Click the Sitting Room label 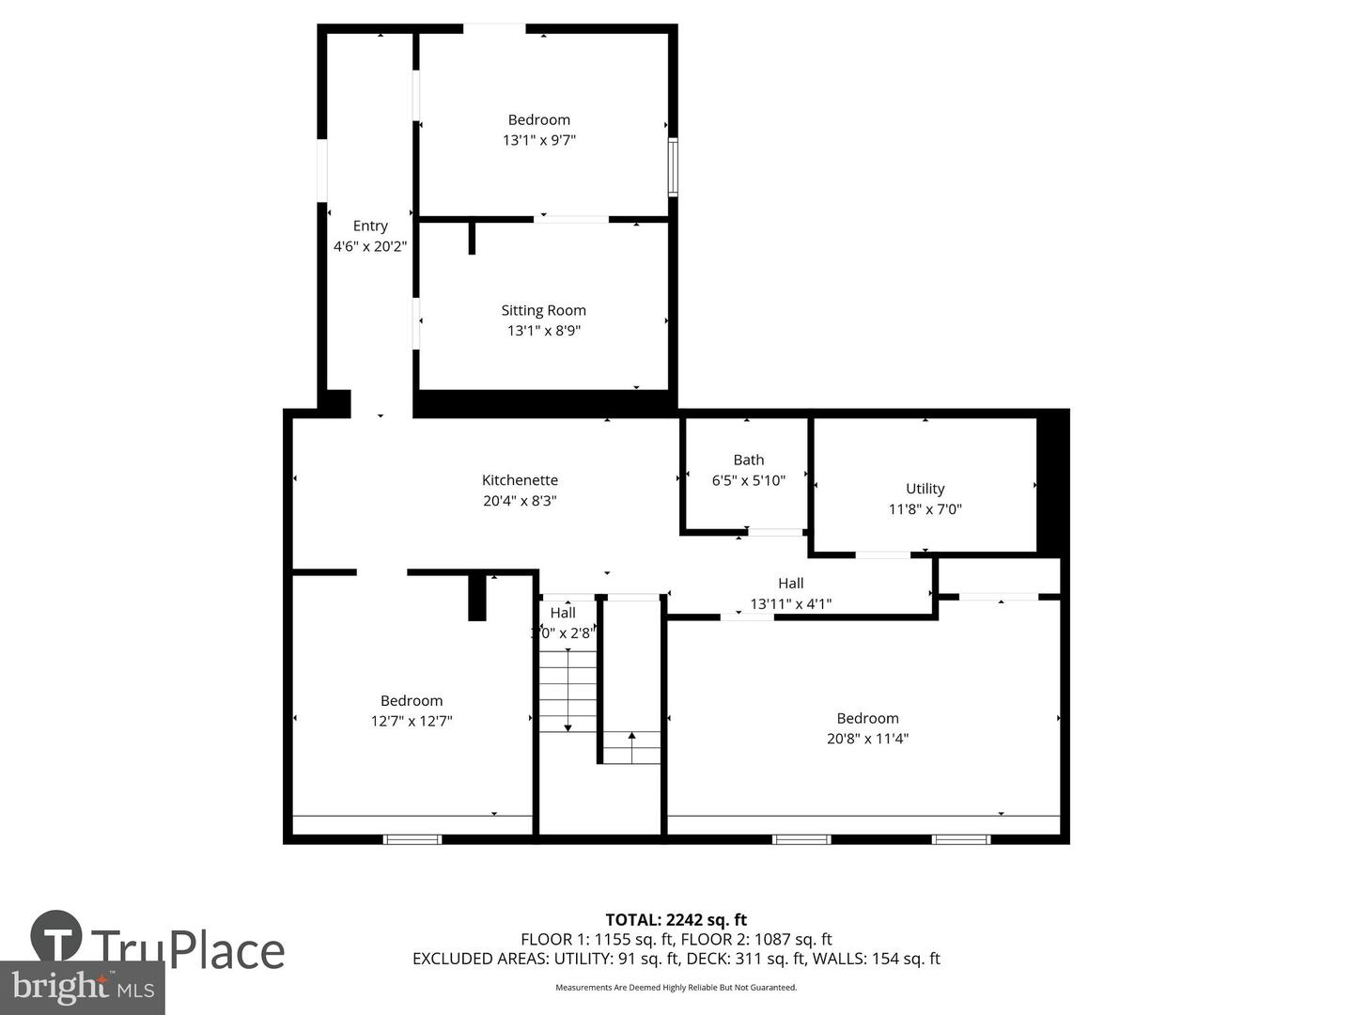point(543,310)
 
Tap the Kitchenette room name point(520,480)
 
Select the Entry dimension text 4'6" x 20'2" point(370,246)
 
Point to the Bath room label point(748,460)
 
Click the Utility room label point(925,489)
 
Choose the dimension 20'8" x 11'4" point(867,739)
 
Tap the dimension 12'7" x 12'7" point(412,721)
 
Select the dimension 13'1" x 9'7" point(539,140)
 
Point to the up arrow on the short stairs point(631,736)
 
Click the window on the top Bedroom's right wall point(673,167)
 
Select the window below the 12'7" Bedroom point(412,839)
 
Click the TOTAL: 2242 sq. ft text point(676,920)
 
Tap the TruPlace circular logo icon point(56,937)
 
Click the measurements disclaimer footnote point(676,988)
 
